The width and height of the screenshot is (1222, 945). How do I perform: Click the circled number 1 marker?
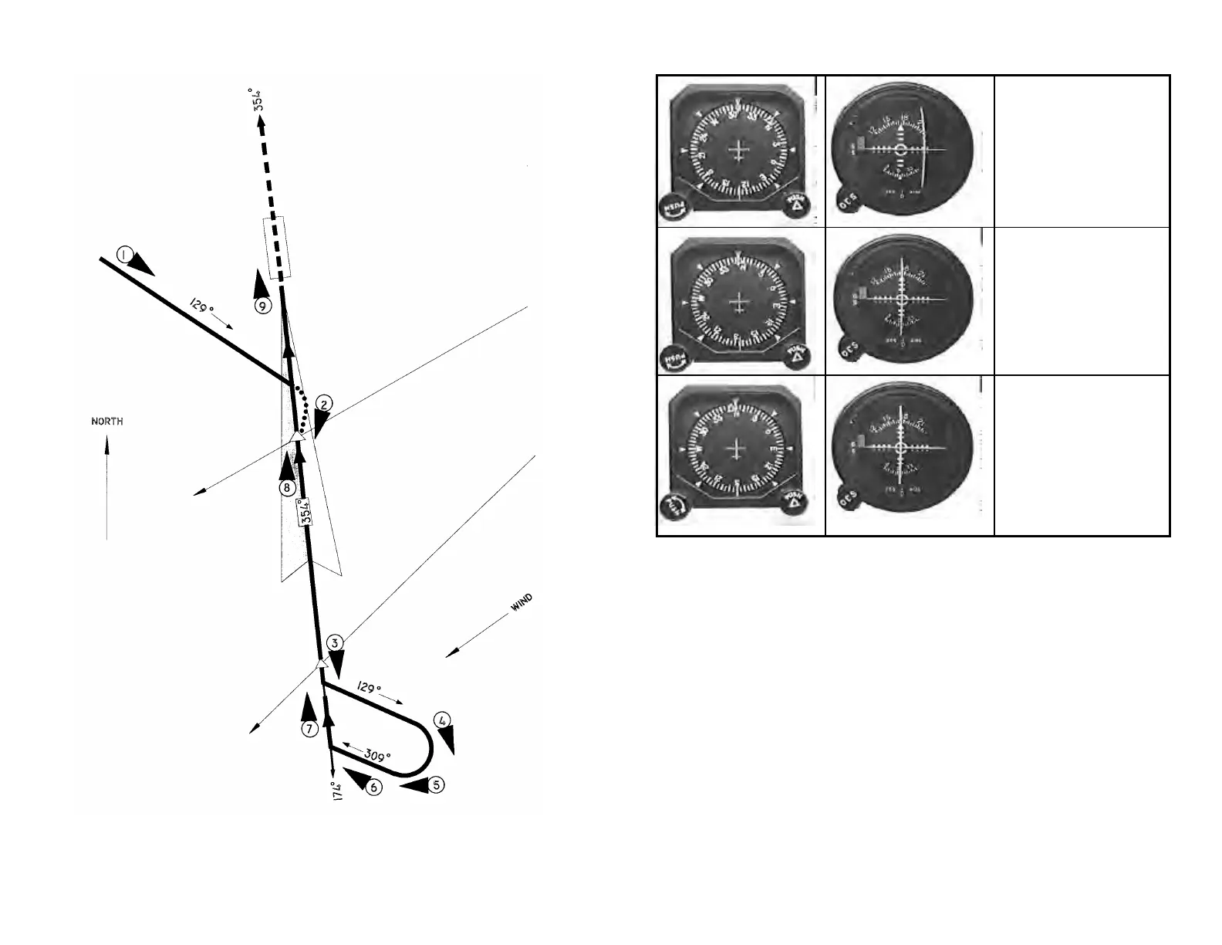tap(126, 253)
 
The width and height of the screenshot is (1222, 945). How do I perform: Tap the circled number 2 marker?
tap(325, 404)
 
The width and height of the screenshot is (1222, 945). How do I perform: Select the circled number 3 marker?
tap(333, 643)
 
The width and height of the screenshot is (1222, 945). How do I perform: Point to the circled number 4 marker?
tap(442, 720)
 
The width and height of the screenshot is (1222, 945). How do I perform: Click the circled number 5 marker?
tap(437, 785)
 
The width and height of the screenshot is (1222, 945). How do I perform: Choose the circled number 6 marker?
tap(373, 787)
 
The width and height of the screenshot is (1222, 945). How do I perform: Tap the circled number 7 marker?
tap(309, 728)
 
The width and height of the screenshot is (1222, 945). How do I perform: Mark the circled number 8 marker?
tap(287, 487)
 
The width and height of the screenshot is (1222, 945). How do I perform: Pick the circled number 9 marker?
tap(263, 306)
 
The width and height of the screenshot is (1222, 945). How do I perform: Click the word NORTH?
tap(107, 422)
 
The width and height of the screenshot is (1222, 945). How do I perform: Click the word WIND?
tap(522, 603)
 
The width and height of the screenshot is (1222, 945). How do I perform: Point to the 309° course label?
tap(377, 756)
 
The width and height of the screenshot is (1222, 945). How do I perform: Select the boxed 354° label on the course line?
tap(305, 512)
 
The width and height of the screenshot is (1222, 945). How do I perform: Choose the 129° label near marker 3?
tap(369, 687)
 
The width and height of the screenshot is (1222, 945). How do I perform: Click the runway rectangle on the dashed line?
tap(276, 247)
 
